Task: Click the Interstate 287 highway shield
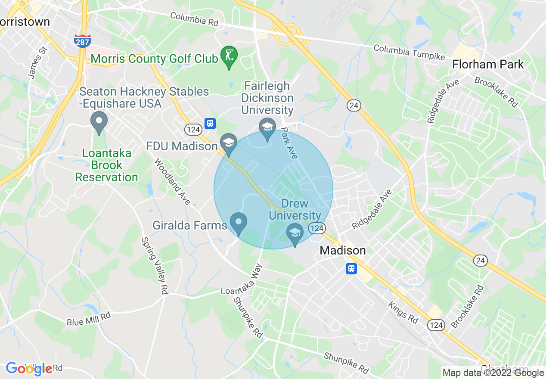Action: coord(82,41)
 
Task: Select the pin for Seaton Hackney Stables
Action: coord(99,122)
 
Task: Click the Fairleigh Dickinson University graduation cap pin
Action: coord(267,128)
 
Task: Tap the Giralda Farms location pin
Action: coord(238,223)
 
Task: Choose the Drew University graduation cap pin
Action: coord(295,233)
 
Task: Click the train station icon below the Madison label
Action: coord(351,269)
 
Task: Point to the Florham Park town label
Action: coord(488,65)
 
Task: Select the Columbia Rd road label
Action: coord(194,19)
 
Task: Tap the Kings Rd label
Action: coord(403,312)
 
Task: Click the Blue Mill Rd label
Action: coord(89,319)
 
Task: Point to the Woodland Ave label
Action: coord(172,182)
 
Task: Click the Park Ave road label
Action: coord(289,143)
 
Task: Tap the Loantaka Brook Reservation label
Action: coord(107,165)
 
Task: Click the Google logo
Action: coord(29,368)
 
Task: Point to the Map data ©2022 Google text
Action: coord(493,373)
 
